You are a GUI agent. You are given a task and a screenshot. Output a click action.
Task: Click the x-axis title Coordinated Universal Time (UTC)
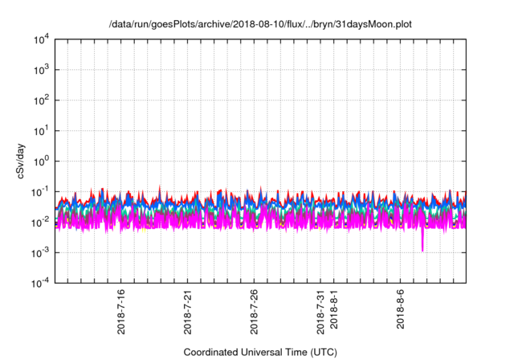pos(260,352)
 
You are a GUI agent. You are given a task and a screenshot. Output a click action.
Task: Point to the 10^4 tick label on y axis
pos(40,39)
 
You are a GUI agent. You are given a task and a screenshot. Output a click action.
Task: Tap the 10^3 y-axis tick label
pos(40,70)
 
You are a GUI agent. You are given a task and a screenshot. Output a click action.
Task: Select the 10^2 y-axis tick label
pos(40,100)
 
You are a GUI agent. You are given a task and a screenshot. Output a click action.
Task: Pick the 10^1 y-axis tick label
pos(40,130)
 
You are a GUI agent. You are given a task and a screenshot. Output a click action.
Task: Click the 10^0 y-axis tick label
pos(40,161)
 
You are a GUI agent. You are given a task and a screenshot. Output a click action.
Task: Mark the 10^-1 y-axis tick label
pos(40,191)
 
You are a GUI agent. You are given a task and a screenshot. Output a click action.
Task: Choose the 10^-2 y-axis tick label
pos(40,222)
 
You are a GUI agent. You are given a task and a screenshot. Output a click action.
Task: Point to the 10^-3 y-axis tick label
pos(40,252)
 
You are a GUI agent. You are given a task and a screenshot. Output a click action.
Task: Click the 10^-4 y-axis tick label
pos(40,283)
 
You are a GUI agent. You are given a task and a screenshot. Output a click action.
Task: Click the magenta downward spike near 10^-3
pos(422,244)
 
